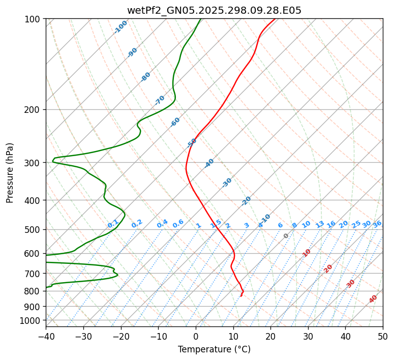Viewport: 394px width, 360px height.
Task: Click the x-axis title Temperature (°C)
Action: point(214,349)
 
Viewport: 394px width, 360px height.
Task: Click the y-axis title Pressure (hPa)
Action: point(10,172)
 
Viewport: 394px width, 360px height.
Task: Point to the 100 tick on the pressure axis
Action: point(34,19)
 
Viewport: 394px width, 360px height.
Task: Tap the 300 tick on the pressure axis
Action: point(34,163)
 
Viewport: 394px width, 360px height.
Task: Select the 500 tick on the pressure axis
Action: point(34,229)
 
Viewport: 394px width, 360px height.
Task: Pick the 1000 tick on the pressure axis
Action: point(32,320)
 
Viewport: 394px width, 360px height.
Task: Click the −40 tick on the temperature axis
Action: point(46,336)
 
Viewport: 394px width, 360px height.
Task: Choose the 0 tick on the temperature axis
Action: point(196,336)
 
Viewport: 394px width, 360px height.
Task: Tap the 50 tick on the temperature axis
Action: point(383,336)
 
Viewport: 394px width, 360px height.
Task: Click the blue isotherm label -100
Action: point(120,27)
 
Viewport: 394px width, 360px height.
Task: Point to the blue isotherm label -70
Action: point(160,100)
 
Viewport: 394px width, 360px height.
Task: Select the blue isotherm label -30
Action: point(227,183)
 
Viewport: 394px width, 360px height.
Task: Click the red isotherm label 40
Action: point(373,299)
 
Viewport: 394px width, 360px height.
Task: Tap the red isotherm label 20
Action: point(328,268)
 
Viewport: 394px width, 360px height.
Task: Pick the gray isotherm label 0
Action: point(286,236)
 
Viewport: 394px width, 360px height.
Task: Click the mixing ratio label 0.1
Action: point(113,224)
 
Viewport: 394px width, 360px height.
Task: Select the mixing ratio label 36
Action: point(377,224)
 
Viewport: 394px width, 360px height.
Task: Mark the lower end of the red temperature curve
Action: point(241,296)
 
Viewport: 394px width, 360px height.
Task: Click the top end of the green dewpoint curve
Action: point(200,19)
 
